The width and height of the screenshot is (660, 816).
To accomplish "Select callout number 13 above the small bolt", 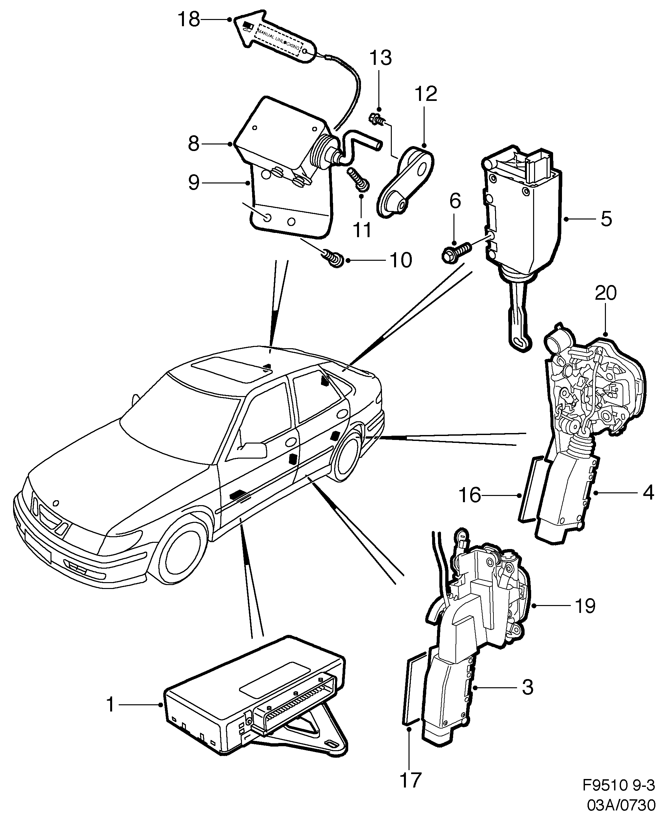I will click(x=381, y=58).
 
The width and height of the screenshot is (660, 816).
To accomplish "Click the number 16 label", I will click(x=470, y=495).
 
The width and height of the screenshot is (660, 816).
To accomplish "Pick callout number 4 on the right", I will click(x=648, y=493).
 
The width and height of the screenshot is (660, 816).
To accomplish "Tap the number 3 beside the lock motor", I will click(x=527, y=687).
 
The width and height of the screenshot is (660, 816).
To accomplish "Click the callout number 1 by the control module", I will click(x=110, y=705).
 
